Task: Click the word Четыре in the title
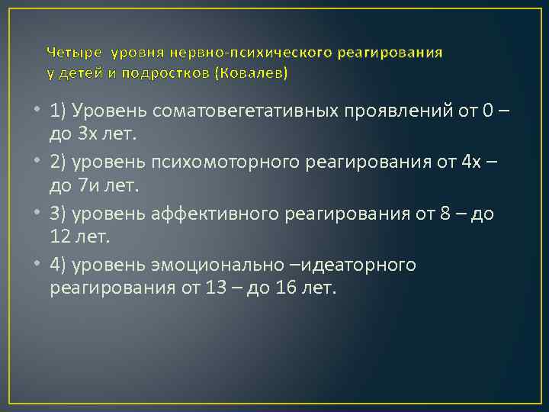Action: click(x=75, y=53)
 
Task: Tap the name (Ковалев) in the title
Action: click(x=252, y=74)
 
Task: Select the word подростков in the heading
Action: click(x=172, y=74)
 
